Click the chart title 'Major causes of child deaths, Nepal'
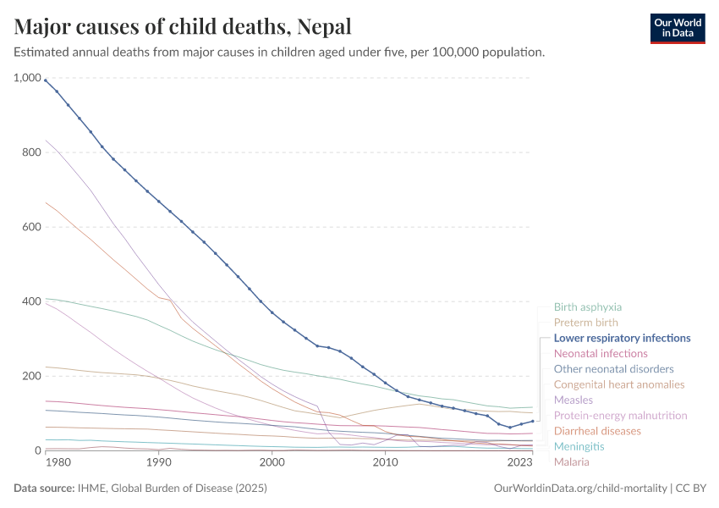click(183, 26)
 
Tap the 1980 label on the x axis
click(58, 463)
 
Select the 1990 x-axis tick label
click(158, 463)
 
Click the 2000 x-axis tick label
click(272, 463)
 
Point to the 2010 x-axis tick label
click(385, 463)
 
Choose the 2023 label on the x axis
click(519, 463)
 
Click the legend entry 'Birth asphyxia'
click(587, 307)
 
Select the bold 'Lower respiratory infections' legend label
click(622, 338)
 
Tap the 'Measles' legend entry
click(573, 400)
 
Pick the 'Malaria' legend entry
click(571, 461)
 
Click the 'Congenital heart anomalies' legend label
click(618, 384)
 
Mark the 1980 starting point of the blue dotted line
click(46, 80)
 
